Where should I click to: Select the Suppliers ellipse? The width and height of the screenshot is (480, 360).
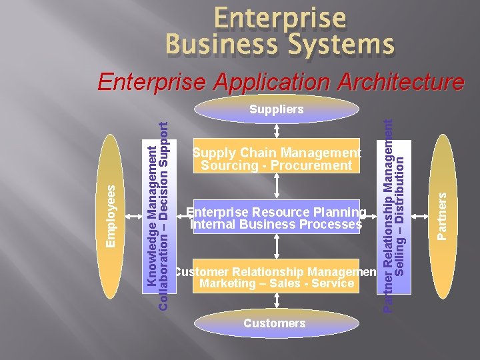(277, 109)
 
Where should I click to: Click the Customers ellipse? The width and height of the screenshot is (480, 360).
(275, 323)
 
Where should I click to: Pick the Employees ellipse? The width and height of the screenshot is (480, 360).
(115, 217)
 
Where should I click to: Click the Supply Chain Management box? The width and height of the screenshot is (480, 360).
(277, 156)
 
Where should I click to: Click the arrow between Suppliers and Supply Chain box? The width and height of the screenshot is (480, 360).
(277, 131)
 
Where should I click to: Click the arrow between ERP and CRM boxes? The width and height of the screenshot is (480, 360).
(277, 245)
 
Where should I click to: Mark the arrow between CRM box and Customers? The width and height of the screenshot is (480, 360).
(277, 301)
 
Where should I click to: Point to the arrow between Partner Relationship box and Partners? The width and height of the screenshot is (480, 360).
(419, 217)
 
